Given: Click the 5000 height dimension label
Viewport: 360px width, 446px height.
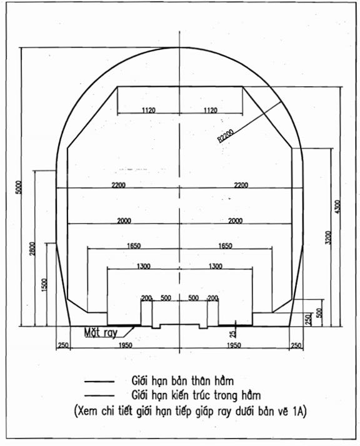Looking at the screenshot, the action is (x=19, y=187).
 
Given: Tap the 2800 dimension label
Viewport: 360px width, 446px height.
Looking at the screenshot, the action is (x=32, y=249).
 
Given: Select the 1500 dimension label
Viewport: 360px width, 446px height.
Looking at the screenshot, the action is (x=44, y=285).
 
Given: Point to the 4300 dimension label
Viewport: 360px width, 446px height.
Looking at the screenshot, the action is (x=337, y=207).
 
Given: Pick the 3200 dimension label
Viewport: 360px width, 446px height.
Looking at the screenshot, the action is (x=328, y=237).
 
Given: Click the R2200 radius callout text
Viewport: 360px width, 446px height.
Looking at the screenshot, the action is (x=226, y=136).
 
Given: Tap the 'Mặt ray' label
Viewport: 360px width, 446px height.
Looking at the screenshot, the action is (x=101, y=332).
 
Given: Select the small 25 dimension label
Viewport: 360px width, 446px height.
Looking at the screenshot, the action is (x=233, y=334).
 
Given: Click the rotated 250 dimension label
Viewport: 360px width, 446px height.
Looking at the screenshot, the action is (x=308, y=320).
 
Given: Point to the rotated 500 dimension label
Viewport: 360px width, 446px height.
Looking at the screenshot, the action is (x=319, y=313).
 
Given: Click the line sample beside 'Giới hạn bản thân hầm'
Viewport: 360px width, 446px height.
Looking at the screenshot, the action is (x=99, y=382).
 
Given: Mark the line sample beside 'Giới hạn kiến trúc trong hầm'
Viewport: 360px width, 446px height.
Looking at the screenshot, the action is (x=99, y=395).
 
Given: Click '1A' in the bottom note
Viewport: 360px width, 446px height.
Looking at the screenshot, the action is (x=297, y=412).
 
